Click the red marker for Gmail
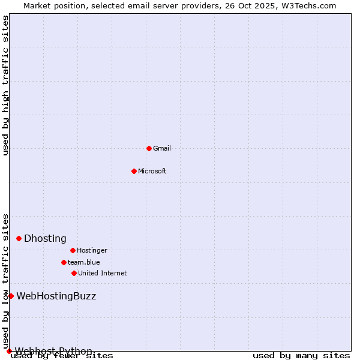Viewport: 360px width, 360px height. click(x=149, y=148)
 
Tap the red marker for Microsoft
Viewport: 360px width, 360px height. click(x=134, y=171)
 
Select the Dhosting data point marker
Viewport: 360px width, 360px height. click(x=19, y=238)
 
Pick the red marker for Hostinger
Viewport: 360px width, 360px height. click(x=73, y=250)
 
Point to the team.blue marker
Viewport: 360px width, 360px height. click(x=64, y=262)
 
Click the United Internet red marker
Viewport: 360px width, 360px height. click(x=74, y=273)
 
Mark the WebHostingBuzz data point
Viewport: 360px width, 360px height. click(x=11, y=296)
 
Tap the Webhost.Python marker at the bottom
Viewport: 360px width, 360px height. click(x=9, y=351)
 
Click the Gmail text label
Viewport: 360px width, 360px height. click(x=162, y=148)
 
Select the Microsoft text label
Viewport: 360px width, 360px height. click(x=152, y=171)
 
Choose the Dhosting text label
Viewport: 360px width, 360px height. click(x=45, y=238)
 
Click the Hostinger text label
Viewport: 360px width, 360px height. click(x=92, y=250)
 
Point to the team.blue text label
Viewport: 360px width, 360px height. click(x=84, y=262)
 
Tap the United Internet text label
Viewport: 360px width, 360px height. click(x=102, y=273)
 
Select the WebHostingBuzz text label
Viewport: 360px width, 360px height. click(x=56, y=296)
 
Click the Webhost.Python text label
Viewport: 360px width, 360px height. click(x=53, y=351)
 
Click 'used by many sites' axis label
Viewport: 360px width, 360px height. click(x=301, y=356)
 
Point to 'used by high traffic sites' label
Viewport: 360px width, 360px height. click(x=5, y=85)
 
